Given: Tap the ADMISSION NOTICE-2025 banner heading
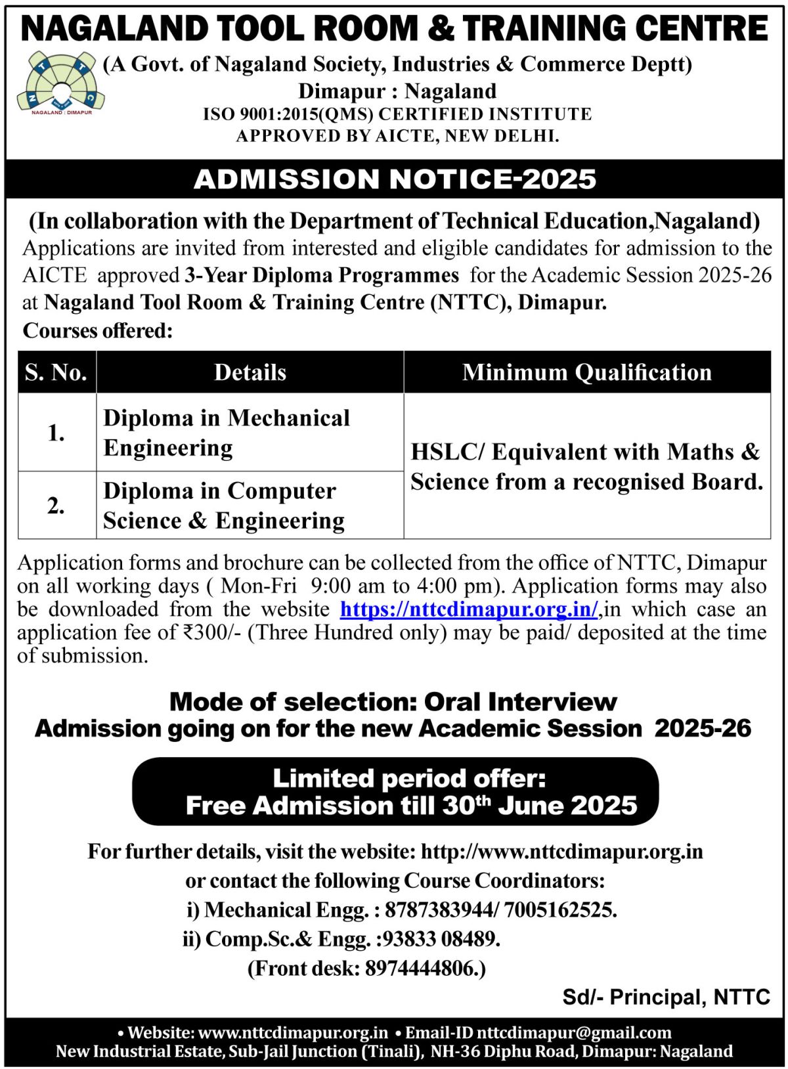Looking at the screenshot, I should click(x=395, y=179).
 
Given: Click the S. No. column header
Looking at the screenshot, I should click(x=56, y=372).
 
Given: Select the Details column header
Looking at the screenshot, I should click(x=250, y=372).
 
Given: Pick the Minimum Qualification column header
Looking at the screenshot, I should click(x=586, y=372).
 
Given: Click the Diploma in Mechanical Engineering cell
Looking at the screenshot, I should click(x=227, y=433).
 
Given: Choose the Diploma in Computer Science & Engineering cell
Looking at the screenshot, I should click(x=223, y=506).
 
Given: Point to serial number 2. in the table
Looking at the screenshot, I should click(x=56, y=506).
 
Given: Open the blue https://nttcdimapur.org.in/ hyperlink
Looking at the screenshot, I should click(x=469, y=609).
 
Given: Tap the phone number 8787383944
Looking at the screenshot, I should click(x=439, y=910).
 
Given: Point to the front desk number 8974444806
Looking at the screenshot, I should click(x=422, y=969).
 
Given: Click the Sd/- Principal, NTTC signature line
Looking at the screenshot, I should click(x=666, y=997).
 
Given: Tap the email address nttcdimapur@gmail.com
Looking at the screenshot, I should click(x=573, y=1033).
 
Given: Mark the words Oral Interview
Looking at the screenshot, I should click(x=520, y=702).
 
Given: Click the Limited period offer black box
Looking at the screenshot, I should click(x=395, y=792).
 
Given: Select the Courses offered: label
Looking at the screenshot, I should click(x=98, y=330).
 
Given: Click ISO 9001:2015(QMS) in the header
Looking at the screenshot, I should click(x=288, y=114).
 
